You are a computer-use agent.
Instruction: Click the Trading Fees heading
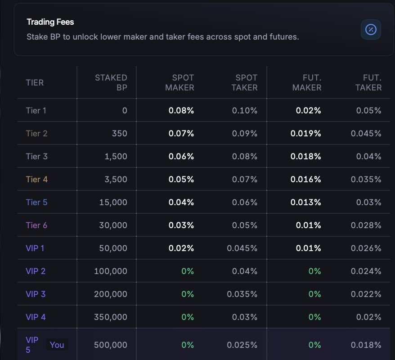50,22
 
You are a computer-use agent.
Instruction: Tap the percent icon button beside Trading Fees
371,30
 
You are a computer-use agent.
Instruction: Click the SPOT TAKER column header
244,83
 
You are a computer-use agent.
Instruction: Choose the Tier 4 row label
37,180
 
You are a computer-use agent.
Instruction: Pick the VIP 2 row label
36,271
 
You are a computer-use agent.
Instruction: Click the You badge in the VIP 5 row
57,345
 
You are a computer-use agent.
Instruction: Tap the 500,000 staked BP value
111,345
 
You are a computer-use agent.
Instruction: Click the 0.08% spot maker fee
181,111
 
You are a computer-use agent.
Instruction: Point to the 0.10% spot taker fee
245,111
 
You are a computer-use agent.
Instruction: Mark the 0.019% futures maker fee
306,134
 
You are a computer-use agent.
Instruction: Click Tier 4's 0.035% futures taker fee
366,180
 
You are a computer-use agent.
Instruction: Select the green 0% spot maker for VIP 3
188,294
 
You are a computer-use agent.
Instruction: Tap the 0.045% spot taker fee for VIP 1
242,248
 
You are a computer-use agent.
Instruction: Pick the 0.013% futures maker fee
306,202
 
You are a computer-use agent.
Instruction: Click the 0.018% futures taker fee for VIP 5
366,345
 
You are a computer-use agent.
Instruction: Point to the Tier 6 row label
37,225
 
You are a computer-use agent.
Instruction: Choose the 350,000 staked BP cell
111,317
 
